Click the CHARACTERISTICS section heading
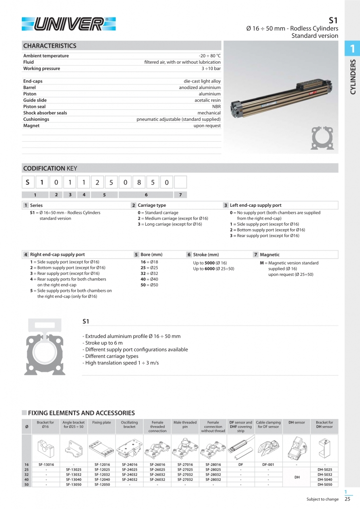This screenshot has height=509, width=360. click(x=50, y=46)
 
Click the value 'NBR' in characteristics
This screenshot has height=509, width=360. click(x=216, y=106)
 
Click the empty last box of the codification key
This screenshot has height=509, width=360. click(x=180, y=182)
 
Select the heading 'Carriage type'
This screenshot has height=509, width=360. click(x=152, y=205)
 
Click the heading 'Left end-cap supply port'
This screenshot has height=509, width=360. click(x=256, y=205)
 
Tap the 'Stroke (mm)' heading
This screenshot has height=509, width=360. click(x=206, y=254)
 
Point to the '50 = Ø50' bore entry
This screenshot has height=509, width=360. click(x=150, y=285)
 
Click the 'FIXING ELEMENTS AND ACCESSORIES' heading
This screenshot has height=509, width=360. click(x=81, y=413)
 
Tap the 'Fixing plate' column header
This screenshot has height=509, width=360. click(x=101, y=423)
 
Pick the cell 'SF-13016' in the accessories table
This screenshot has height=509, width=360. click(x=46, y=464)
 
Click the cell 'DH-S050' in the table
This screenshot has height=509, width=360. click(x=324, y=484)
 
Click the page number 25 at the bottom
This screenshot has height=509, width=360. click(x=348, y=500)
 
